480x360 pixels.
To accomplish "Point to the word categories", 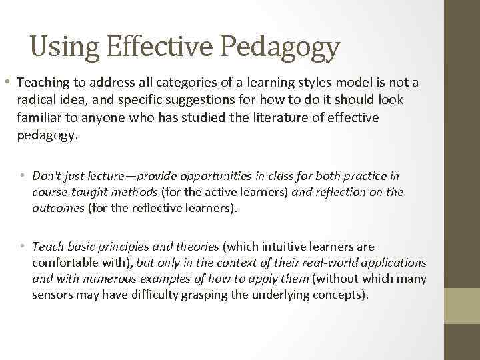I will [x=177, y=83].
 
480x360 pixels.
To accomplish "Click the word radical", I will [x=36, y=100].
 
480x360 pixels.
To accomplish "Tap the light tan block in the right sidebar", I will [x=463, y=305].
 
